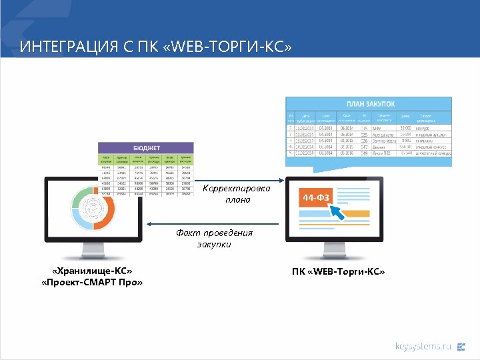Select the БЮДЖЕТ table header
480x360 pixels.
tap(145, 148)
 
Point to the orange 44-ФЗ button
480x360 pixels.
tap(315, 198)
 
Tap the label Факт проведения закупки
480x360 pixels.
tap(214, 239)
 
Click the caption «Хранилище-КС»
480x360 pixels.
tap(92, 271)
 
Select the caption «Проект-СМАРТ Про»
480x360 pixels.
tap(92, 283)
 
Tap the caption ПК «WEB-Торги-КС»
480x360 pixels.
tap(338, 271)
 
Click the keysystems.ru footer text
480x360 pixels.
tap(423, 346)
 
